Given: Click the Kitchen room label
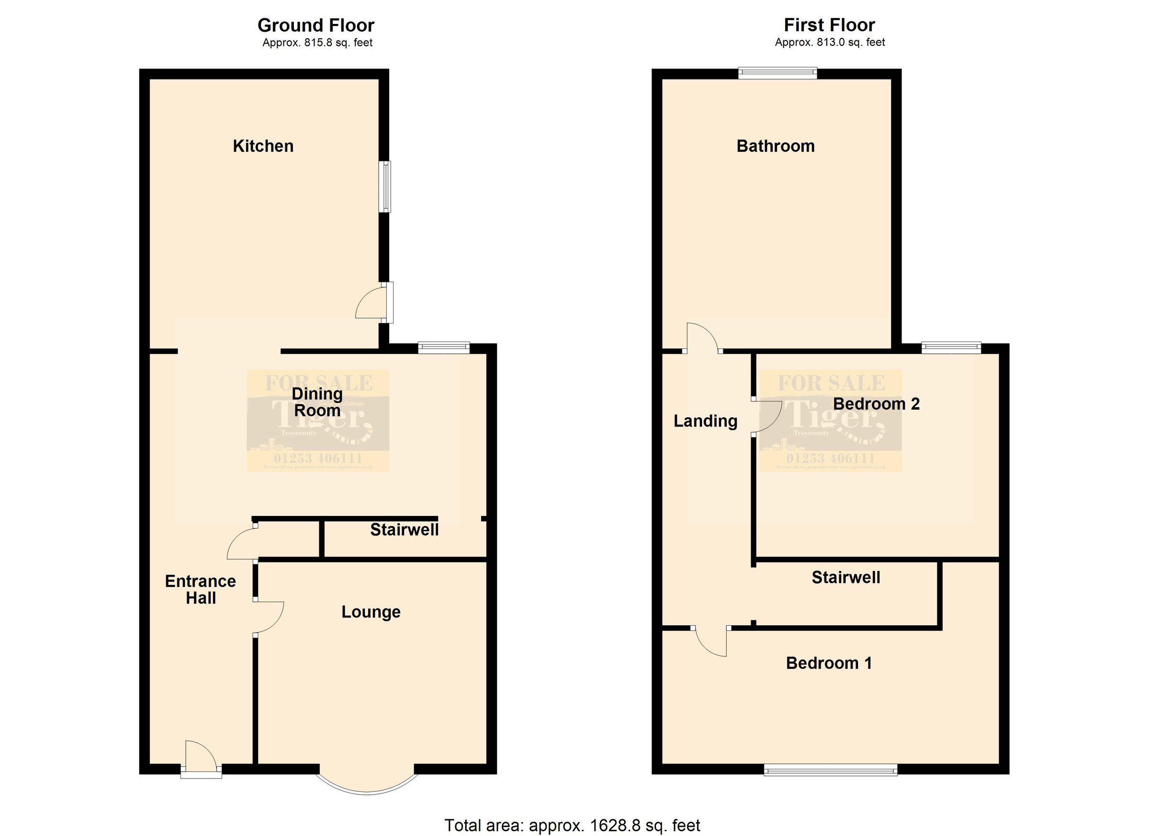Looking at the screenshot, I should click(263, 146).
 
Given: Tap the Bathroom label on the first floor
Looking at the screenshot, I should click(775, 146).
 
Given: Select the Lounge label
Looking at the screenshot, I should click(371, 612).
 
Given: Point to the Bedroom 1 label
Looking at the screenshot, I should click(829, 663).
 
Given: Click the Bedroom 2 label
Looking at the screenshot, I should click(876, 403).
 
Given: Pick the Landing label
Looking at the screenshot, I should click(705, 421).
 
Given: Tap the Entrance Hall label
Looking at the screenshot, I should click(201, 590).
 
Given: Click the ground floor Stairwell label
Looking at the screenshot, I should click(404, 530).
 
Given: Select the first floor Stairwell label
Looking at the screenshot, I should click(845, 577).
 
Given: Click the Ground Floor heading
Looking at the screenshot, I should click(315, 25).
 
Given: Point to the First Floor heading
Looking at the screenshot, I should click(829, 25).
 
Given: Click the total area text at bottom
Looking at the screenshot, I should click(572, 825).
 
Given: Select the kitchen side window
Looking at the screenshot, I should click(387, 186).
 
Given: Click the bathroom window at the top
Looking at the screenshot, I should click(777, 73).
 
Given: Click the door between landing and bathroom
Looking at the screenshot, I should click(702, 337).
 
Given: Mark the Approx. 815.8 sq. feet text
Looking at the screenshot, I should click(317, 43).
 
